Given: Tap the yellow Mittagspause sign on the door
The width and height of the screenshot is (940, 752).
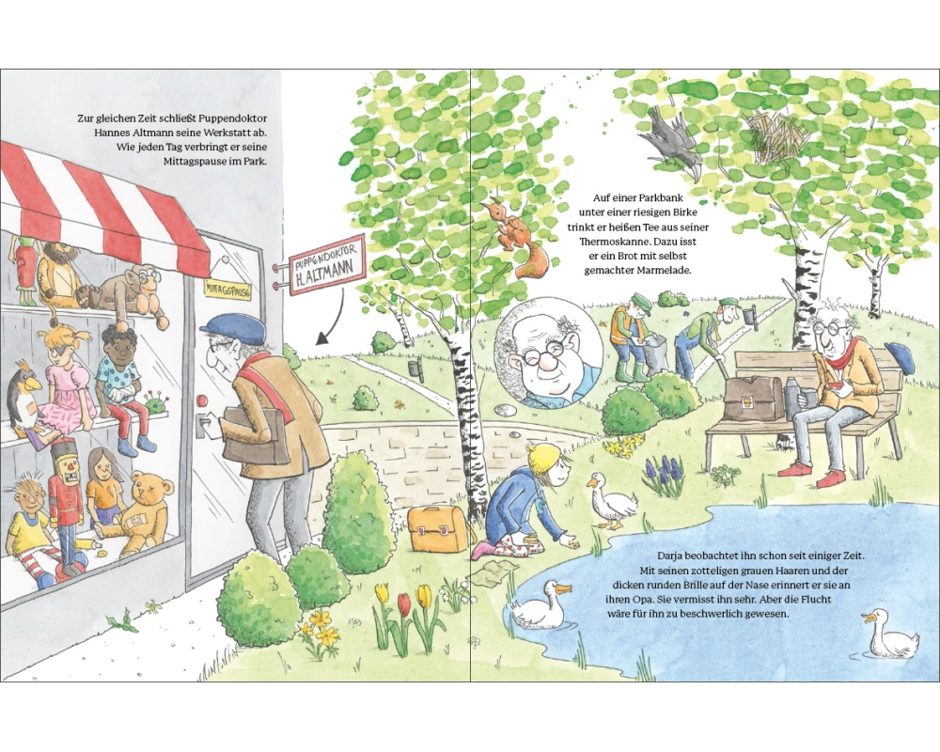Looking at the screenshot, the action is point(227,290).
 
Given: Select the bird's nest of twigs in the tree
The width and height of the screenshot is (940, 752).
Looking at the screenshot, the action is point(777,135).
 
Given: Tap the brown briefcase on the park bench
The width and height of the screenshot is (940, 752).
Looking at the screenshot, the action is point(754,398).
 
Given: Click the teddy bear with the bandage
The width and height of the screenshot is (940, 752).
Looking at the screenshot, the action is point(137,511).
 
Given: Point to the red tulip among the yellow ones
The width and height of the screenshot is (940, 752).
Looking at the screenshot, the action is point(404,604).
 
